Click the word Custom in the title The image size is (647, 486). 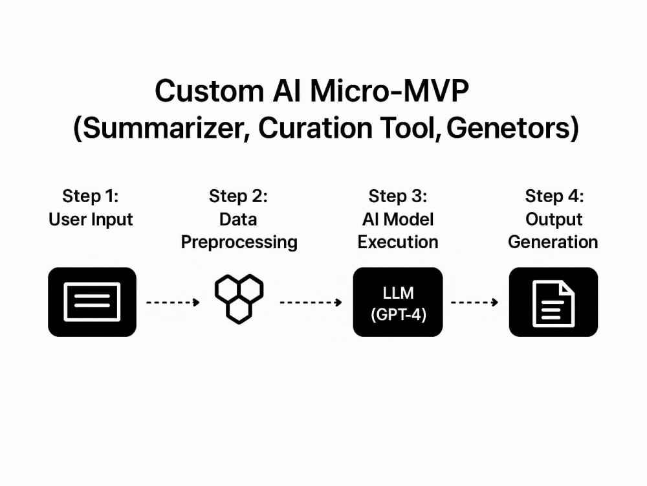[209, 91]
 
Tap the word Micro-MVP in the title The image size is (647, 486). [389, 91]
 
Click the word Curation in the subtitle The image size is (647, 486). [315, 128]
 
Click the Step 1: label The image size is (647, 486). [91, 196]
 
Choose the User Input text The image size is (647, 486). [91, 220]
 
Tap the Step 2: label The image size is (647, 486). [238, 196]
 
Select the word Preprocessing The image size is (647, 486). [239, 242]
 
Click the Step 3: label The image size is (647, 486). [398, 196]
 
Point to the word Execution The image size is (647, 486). [398, 242]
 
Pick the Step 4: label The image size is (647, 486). [554, 196]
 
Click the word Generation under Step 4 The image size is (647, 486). [553, 242]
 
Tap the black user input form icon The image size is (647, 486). [92, 302]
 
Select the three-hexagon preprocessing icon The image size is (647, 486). [239, 299]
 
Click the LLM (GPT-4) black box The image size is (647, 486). [398, 302]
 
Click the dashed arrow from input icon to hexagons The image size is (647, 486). [173, 303]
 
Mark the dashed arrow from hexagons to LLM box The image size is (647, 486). [311, 303]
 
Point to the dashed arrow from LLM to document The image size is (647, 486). [474, 303]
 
